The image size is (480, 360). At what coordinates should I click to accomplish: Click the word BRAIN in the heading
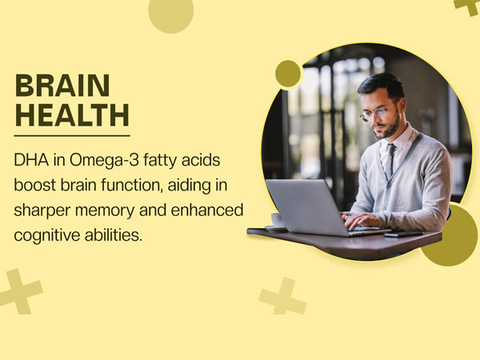(62, 85)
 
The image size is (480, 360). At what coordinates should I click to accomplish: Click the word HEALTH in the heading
(72, 115)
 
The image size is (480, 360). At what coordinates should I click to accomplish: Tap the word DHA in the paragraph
(31, 160)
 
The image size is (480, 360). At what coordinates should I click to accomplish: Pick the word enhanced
(207, 210)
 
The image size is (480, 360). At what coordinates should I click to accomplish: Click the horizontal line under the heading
(72, 136)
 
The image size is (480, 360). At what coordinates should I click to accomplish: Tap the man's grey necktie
(390, 160)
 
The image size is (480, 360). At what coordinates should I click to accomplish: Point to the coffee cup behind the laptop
(277, 220)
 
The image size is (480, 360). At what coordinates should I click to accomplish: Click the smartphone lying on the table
(403, 234)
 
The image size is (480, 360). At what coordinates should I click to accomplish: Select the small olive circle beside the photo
(288, 74)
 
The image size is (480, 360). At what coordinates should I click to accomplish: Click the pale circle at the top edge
(171, 13)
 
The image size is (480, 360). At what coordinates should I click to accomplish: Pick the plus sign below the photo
(283, 296)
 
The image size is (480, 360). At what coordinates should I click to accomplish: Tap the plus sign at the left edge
(19, 292)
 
